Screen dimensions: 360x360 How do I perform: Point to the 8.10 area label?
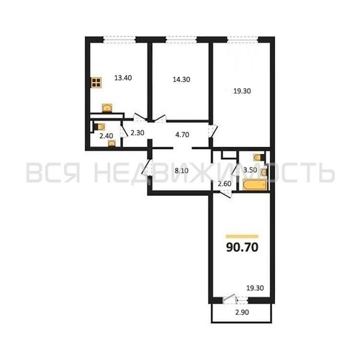182,171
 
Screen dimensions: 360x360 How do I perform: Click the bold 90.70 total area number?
241,249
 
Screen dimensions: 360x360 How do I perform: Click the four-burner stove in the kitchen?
96,82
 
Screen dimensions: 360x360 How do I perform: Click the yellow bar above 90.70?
241,235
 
